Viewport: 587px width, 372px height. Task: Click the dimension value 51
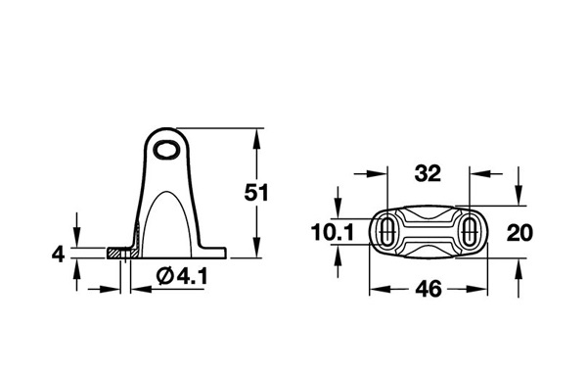pyautogui.click(x=256, y=193)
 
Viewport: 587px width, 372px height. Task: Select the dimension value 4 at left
pyautogui.click(x=58, y=255)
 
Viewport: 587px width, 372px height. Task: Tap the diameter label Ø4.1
pyautogui.click(x=182, y=277)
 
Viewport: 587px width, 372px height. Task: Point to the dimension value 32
pyautogui.click(x=428, y=173)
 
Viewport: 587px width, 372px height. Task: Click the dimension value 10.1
pyautogui.click(x=333, y=232)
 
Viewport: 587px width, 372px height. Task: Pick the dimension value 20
pyautogui.click(x=519, y=232)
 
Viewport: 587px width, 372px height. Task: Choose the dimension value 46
pyautogui.click(x=429, y=289)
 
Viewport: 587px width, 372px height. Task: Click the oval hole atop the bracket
pyautogui.click(x=167, y=150)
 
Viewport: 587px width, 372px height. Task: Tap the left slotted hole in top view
pyautogui.click(x=386, y=231)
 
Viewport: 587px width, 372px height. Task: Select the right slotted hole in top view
pyautogui.click(x=469, y=231)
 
